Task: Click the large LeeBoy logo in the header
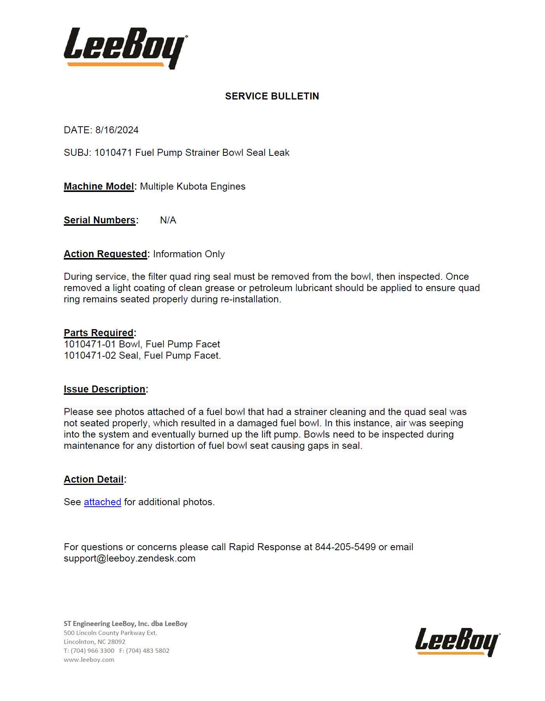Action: coord(125,48)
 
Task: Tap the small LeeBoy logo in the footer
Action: coord(457,642)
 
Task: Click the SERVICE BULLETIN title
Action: coord(272,96)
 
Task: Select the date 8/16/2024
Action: coord(117,130)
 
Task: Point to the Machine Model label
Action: coord(99,187)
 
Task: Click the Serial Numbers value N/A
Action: coord(168,220)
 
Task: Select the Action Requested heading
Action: coord(105,254)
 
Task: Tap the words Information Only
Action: coord(189,254)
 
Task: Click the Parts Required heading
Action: coord(99,333)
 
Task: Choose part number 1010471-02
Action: coord(90,356)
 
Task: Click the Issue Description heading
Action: coord(105,389)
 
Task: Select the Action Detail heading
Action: coord(94,480)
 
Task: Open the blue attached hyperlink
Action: coord(102,502)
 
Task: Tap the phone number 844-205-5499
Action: coord(345,547)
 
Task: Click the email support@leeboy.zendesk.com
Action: coord(129,558)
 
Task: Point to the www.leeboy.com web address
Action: coord(89,660)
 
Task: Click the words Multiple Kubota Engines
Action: coord(193,187)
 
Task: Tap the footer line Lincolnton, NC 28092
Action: coord(94,642)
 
